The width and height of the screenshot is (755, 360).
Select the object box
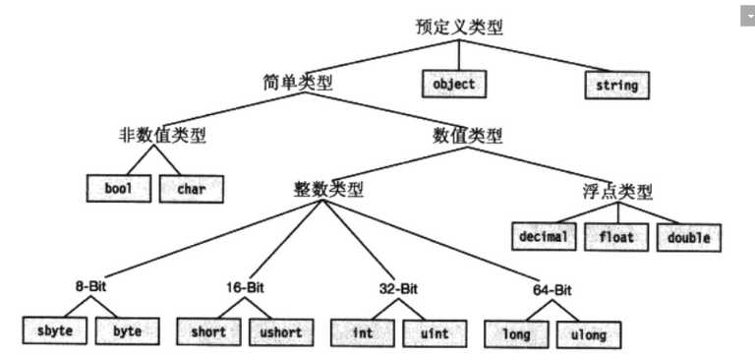[453, 85]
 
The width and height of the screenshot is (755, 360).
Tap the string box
[616, 86]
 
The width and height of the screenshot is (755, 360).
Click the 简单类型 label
[299, 83]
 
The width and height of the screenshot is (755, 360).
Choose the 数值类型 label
[468, 136]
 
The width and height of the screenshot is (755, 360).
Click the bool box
[117, 188]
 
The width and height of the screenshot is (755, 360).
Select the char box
[192, 188]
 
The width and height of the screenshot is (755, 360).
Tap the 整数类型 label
[328, 187]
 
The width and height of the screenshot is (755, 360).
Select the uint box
[432, 333]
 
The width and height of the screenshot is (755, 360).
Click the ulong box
[588, 334]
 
